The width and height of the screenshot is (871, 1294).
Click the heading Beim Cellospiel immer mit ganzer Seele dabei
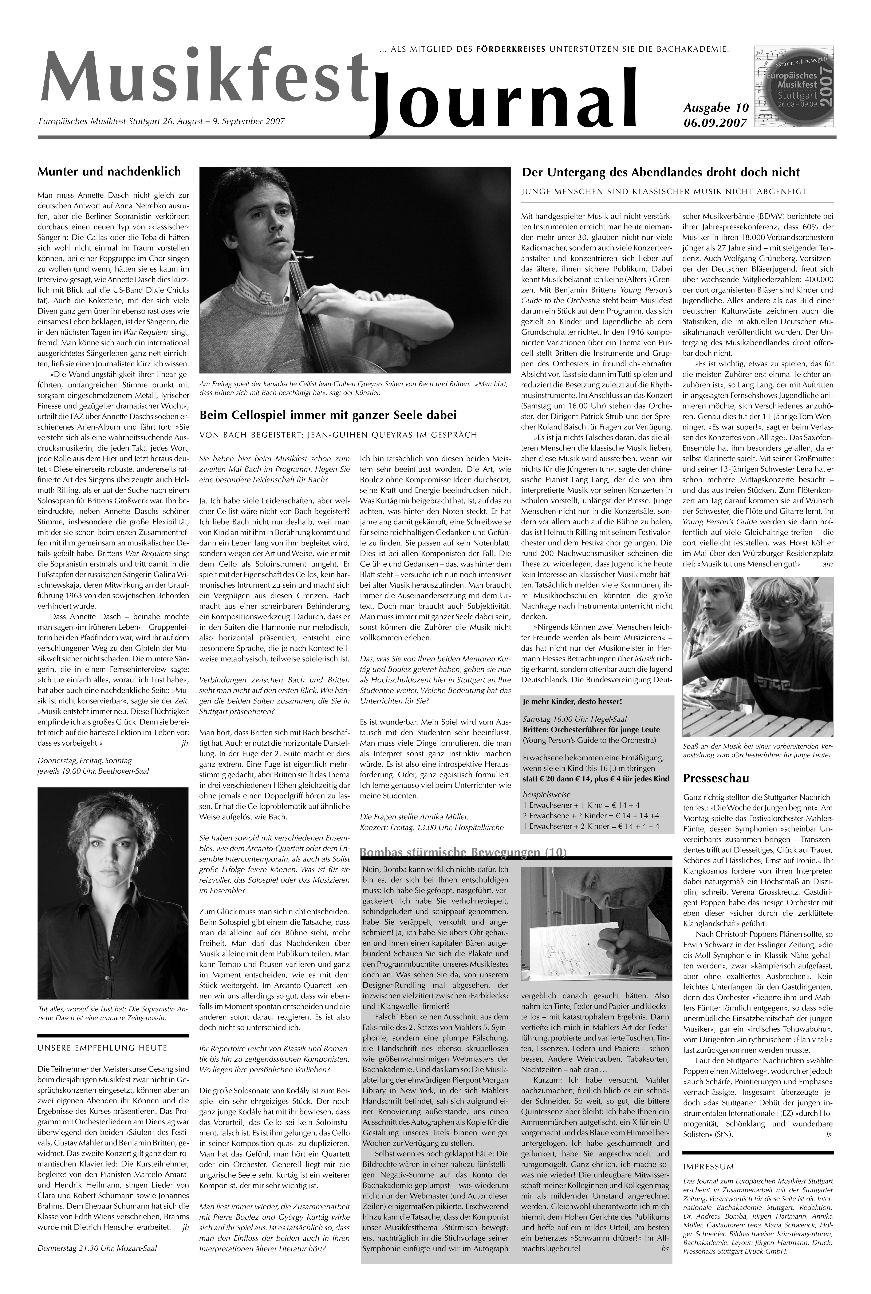pos(328,415)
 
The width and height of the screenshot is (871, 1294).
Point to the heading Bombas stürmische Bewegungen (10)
pos(463,852)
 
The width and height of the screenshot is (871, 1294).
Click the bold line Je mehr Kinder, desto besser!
pos(572,701)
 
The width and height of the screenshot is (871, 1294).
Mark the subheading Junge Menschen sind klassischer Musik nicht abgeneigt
pos(664,192)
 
